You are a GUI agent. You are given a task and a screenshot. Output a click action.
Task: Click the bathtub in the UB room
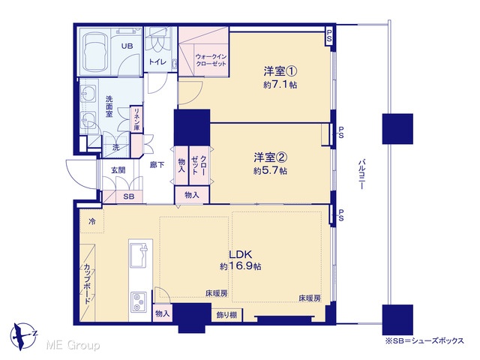pyautogui.click(x=95, y=52)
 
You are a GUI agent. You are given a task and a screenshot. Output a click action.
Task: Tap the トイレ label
pyautogui.click(x=157, y=61)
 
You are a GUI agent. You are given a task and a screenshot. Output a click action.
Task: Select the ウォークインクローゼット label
pyautogui.click(x=211, y=60)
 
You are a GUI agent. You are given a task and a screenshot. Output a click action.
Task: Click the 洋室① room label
pyautogui.click(x=280, y=71)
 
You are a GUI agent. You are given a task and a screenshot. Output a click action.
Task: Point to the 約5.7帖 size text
pyautogui.click(x=270, y=170)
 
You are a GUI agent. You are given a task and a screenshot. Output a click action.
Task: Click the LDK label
pyautogui.click(x=241, y=254)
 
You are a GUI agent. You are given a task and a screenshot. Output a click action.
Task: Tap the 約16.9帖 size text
pyautogui.click(x=240, y=266)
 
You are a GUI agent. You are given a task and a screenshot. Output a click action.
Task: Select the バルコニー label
pyautogui.click(x=361, y=174)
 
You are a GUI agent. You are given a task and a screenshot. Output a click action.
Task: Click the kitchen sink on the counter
pyautogui.click(x=140, y=255)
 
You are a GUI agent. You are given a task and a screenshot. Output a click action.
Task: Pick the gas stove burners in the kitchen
pyautogui.click(x=139, y=301)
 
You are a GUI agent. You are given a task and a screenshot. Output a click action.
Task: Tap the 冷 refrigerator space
pyautogui.click(x=91, y=221)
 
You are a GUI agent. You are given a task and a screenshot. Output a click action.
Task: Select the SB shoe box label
pyautogui.click(x=129, y=196)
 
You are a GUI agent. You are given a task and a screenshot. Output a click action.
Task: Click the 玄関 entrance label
pyautogui.click(x=118, y=170)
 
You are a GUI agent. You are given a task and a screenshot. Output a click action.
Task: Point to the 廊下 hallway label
pyautogui.click(x=157, y=165)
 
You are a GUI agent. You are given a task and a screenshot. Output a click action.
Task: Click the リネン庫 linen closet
pyautogui.click(x=136, y=119)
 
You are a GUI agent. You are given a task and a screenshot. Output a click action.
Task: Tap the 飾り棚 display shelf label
pyautogui.click(x=226, y=315)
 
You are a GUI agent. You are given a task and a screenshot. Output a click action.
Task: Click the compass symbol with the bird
pyautogui.click(x=23, y=336)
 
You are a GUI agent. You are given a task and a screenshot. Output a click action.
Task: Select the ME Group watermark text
pyautogui.click(x=73, y=346)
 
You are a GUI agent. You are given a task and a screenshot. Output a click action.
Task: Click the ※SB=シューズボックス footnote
pyautogui.click(x=424, y=340)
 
